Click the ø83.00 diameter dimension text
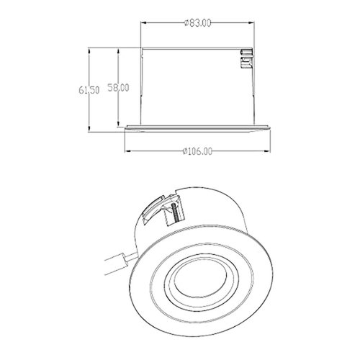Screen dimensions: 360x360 coord(197,24)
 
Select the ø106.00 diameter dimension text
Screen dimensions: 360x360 coord(197,150)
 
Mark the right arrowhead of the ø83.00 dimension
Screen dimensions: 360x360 coord(253,24)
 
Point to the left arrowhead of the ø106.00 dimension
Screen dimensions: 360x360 coord(127,150)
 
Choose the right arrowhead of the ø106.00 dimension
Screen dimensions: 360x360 coord(271,150)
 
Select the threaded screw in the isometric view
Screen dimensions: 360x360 coord(173,214)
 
